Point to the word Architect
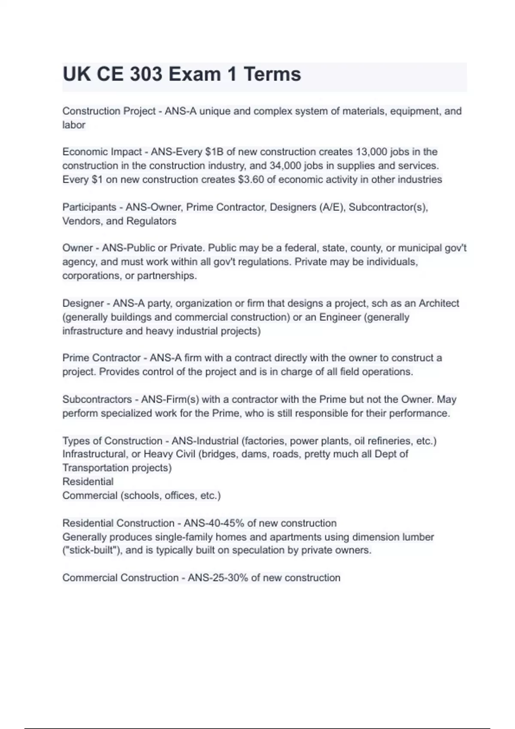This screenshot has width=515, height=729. click(439, 304)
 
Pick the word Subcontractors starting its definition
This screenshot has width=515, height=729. click(97, 400)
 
